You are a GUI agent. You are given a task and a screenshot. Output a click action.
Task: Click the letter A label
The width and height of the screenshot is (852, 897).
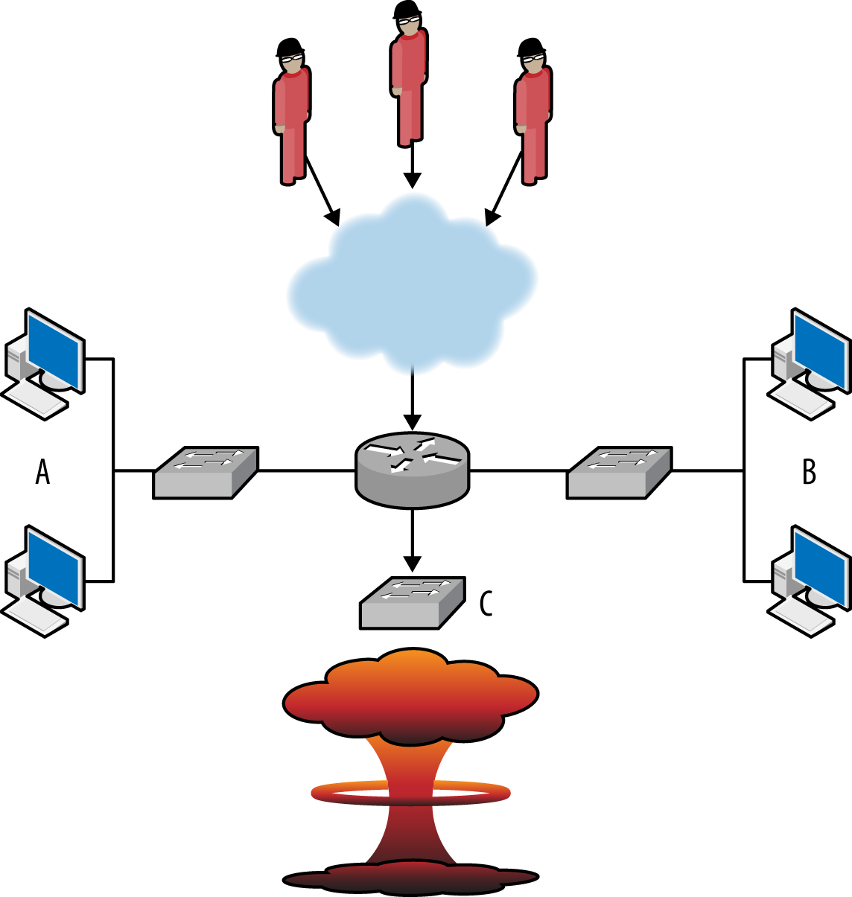pyautogui.click(x=43, y=472)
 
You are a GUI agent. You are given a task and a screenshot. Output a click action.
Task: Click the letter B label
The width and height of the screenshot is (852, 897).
pyautogui.click(x=810, y=472)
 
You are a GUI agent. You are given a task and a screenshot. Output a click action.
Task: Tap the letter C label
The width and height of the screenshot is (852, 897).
pyautogui.click(x=486, y=604)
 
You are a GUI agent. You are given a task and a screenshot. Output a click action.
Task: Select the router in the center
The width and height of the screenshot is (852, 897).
pyautogui.click(x=413, y=470)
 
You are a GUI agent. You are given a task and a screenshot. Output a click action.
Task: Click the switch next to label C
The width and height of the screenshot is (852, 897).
pyautogui.click(x=413, y=602)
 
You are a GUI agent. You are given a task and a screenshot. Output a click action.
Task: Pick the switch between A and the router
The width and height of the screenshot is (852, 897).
pyautogui.click(x=206, y=472)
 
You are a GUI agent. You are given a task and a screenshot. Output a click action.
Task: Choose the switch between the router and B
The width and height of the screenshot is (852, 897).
pyautogui.click(x=619, y=472)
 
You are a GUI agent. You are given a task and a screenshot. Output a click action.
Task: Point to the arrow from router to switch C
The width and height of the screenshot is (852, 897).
pyautogui.click(x=412, y=540)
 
